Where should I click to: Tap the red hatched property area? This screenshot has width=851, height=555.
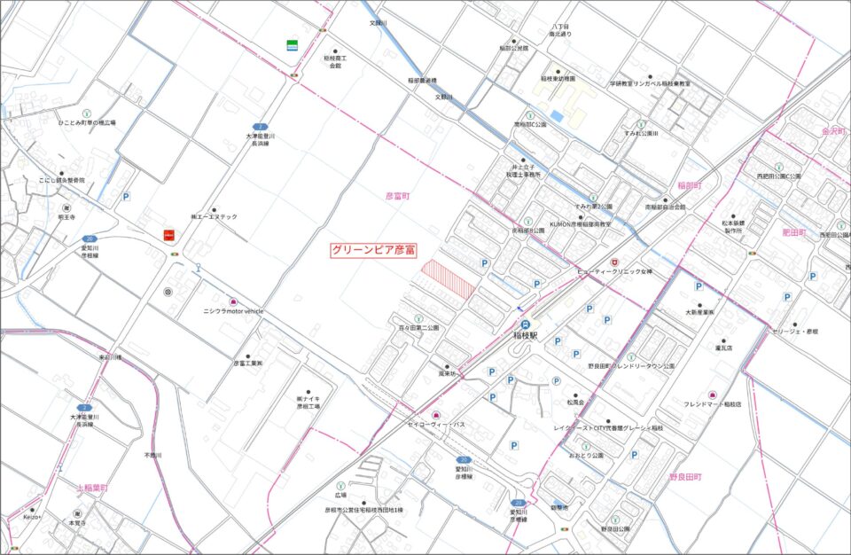(448, 279)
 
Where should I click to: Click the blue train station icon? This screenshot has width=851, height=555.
(526, 324)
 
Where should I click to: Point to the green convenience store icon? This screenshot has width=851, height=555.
(292, 44)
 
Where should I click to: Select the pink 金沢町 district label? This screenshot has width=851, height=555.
(835, 129)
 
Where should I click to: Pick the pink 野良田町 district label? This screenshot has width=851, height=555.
(685, 478)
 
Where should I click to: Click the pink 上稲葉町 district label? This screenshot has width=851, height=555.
(91, 489)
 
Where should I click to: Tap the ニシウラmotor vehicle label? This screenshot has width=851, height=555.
(234, 312)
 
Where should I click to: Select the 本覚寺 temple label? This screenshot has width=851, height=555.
(78, 523)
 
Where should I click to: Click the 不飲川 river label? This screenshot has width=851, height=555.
(153, 455)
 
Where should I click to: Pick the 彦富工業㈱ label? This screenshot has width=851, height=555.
(249, 363)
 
